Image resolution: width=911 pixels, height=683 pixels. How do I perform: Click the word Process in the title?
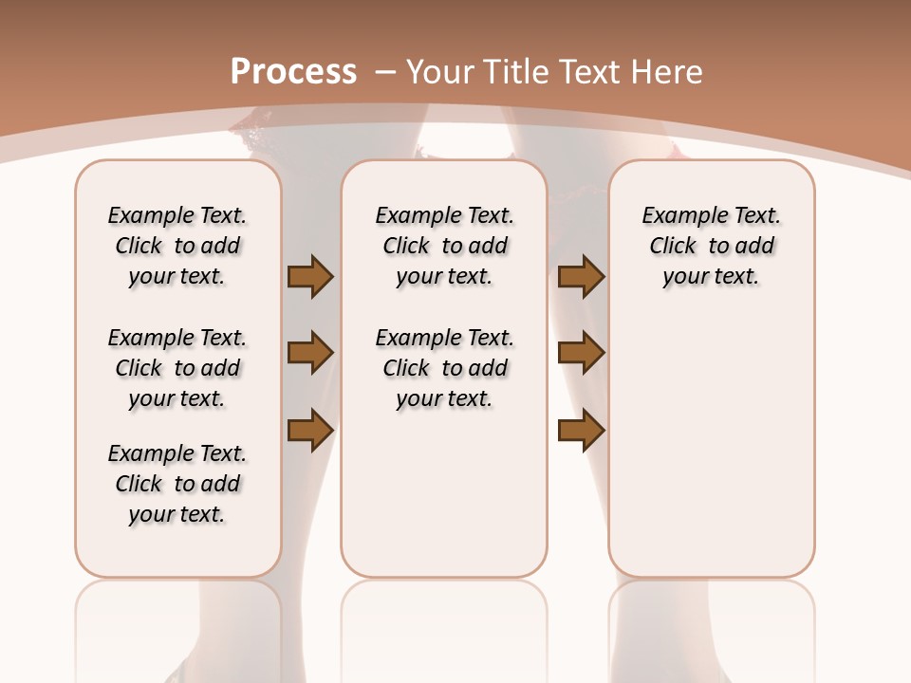[293, 72]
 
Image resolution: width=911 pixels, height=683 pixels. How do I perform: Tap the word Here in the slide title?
[668, 72]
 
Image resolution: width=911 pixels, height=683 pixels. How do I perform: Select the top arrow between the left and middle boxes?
[310, 277]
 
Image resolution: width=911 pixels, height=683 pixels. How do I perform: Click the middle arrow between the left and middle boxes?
[310, 354]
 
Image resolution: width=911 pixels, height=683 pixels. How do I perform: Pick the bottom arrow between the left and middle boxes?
[310, 430]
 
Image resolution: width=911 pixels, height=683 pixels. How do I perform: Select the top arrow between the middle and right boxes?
[581, 277]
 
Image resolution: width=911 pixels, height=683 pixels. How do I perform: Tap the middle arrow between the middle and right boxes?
[581, 354]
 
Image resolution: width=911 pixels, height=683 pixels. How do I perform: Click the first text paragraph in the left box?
[177, 246]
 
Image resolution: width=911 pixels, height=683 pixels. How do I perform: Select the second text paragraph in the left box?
[177, 368]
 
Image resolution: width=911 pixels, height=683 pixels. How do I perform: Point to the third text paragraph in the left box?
[177, 484]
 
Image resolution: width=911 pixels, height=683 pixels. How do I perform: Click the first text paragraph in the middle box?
[444, 246]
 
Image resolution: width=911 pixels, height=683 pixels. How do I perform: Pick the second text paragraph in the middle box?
[444, 368]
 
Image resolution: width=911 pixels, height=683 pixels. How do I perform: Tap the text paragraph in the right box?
[711, 246]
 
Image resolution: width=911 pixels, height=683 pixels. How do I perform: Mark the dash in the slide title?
[385, 72]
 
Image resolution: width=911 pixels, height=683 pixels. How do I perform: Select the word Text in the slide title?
[595, 72]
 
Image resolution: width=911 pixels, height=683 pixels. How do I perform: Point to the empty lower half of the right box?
[711, 455]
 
